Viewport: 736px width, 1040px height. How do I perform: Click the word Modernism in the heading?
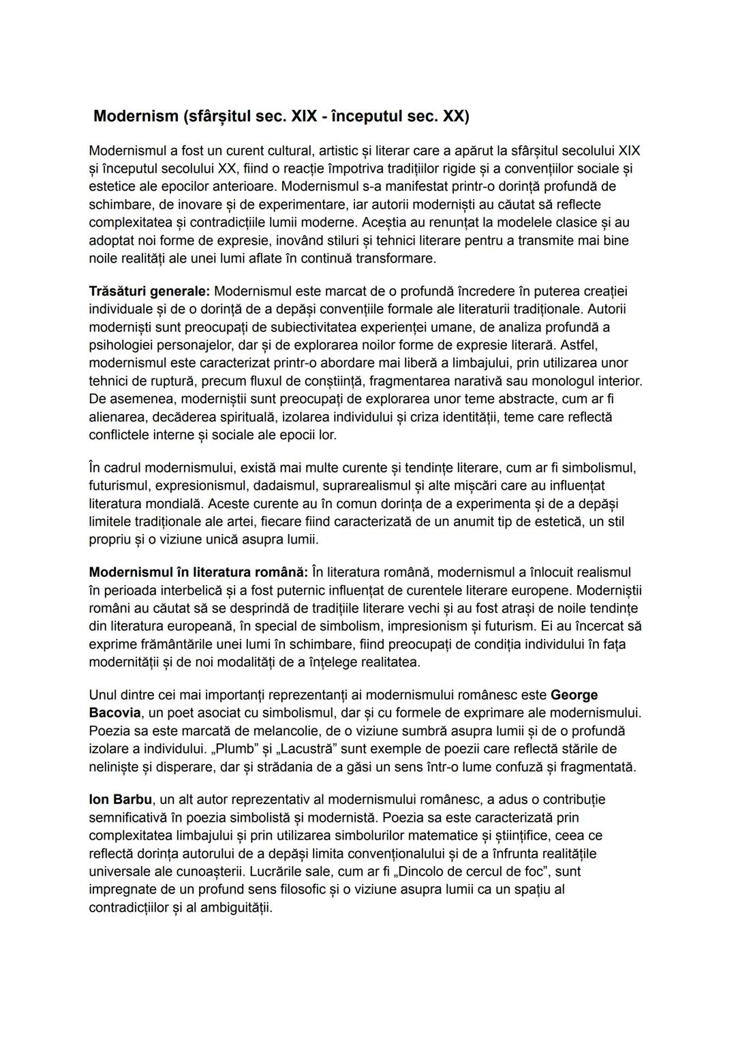pos(136,116)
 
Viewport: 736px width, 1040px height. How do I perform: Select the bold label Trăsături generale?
pos(149,291)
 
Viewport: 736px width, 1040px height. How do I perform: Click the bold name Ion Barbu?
pos(120,799)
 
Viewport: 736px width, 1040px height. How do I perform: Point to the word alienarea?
pos(118,416)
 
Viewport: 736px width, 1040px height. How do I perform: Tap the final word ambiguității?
pos(236,908)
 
